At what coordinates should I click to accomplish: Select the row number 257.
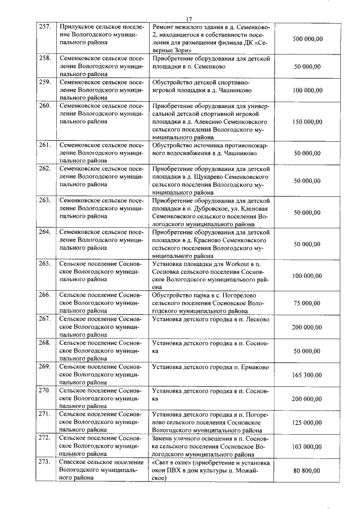point(44,26)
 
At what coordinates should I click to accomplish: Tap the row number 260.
point(44,105)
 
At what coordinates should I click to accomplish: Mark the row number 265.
point(44,263)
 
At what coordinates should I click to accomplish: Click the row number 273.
point(44,461)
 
